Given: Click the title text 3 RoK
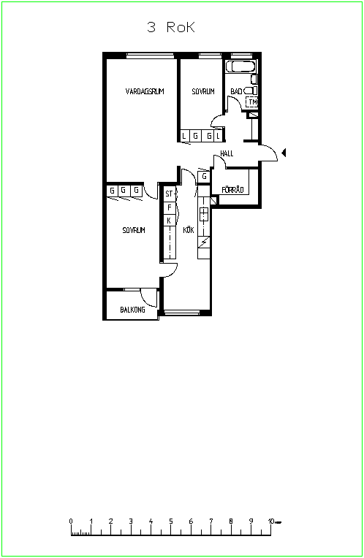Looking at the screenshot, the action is pyautogui.click(x=171, y=27).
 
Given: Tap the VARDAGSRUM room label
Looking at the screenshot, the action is pyautogui.click(x=145, y=91).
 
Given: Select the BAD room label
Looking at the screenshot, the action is pyautogui.click(x=236, y=91).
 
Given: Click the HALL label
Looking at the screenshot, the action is pyautogui.click(x=227, y=153).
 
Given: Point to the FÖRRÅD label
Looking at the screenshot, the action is pyautogui.click(x=232, y=190).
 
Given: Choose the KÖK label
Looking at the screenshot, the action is pyautogui.click(x=189, y=230).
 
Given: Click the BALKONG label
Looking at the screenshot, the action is pyautogui.click(x=132, y=310).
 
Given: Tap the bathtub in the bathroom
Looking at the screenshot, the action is pyautogui.click(x=240, y=66).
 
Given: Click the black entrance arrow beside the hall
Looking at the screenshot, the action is pyautogui.click(x=284, y=153).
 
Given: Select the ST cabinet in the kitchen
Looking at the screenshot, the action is pyautogui.click(x=170, y=194).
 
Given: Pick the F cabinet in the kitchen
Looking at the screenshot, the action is pyautogui.click(x=170, y=207).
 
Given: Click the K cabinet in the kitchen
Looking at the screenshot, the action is pyautogui.click(x=170, y=221).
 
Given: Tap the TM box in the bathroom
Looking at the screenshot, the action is pyautogui.click(x=252, y=102).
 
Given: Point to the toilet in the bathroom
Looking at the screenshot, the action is pyautogui.click(x=251, y=91).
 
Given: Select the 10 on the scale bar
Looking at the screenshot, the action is pyautogui.click(x=271, y=521).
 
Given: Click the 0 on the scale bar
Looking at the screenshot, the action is pyautogui.click(x=71, y=521).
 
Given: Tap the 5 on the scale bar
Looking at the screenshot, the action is pyautogui.click(x=171, y=521).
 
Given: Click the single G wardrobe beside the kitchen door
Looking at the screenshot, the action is pyautogui.click(x=204, y=177).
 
